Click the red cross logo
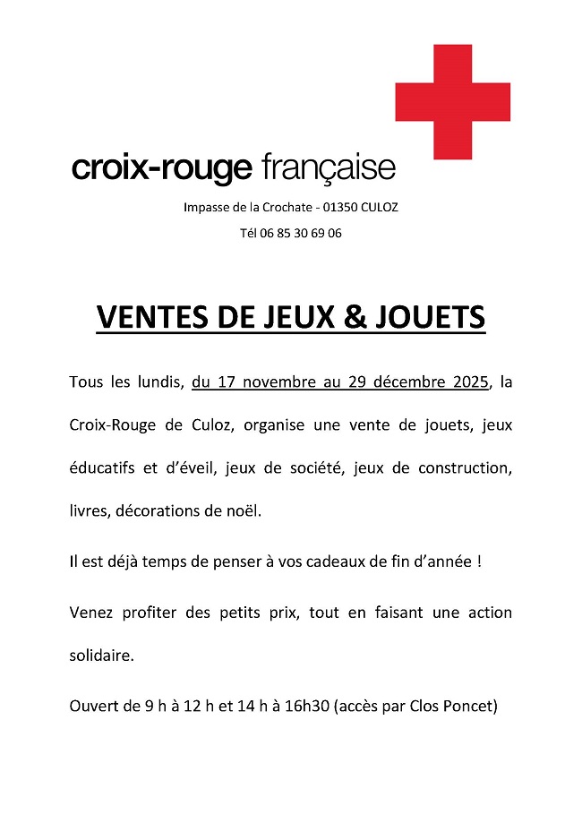coord(452,102)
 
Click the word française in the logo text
coord(329,167)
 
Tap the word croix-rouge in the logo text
coord(162,168)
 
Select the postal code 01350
coord(340,207)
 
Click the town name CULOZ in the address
coord(381,207)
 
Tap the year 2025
coord(471,382)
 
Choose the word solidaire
coord(101,656)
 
